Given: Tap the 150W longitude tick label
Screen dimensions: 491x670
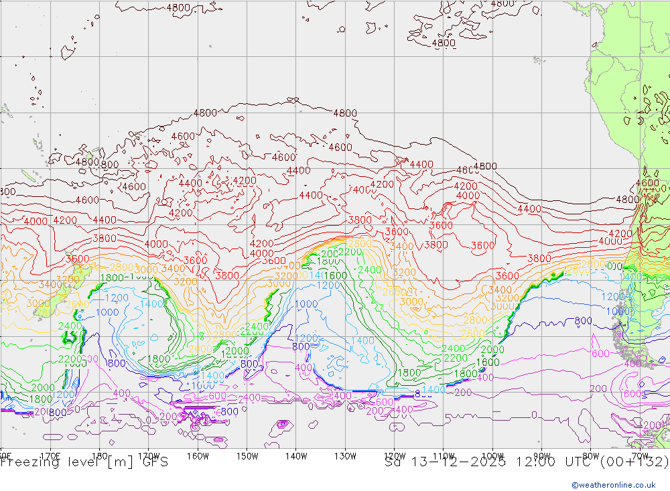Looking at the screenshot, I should tap(247, 456).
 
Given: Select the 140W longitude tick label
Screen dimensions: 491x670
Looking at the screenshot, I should tap(296, 456).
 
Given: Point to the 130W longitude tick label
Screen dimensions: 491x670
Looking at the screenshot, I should tap(345, 456).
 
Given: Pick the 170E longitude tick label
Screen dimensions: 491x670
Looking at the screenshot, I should tap(50, 456).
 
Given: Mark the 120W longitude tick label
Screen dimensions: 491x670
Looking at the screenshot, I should tap(394, 456).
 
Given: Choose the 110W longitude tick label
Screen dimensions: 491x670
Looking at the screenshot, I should tap(444, 456).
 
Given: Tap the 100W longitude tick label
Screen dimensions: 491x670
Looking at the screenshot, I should tap(492, 456).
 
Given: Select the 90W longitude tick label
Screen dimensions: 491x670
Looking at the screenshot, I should tap(541, 456).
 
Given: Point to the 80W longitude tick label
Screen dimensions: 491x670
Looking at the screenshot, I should tap(591, 456).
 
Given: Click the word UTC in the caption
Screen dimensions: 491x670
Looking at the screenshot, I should tap(573, 462).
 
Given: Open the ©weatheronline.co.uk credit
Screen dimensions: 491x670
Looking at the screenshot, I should tap(613, 485).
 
